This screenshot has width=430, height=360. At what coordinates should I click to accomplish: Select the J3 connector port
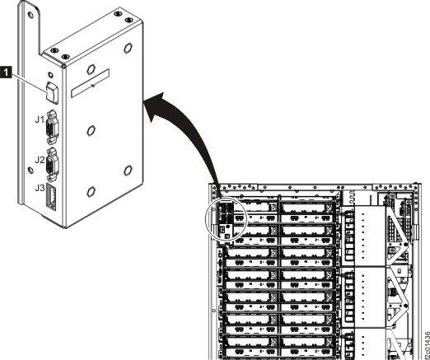pos(51,198)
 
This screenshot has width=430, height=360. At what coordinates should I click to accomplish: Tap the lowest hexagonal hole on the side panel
pos(128,171)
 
